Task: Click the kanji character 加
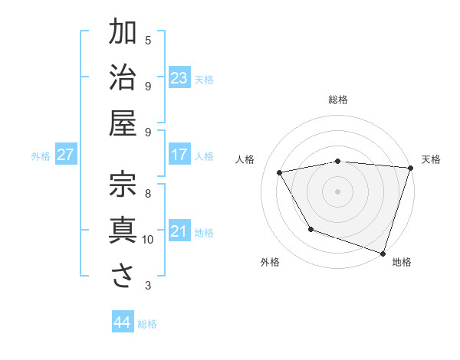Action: click(x=123, y=33)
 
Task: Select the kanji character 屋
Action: click(x=123, y=123)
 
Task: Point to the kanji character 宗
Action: click(x=123, y=185)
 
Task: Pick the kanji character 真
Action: click(x=123, y=231)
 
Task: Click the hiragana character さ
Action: click(x=123, y=277)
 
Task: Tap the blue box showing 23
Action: click(x=179, y=78)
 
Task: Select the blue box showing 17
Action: click(x=179, y=155)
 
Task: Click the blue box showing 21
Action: click(x=179, y=231)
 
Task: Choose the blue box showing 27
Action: click(x=66, y=155)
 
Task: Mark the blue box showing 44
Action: click(x=122, y=322)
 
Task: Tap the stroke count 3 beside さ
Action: click(x=148, y=286)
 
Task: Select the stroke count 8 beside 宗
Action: click(x=148, y=193)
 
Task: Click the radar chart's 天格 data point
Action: click(x=410, y=169)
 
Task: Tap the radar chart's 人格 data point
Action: click(x=280, y=173)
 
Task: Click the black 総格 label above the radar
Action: click(x=338, y=100)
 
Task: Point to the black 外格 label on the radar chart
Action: click(x=270, y=262)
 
